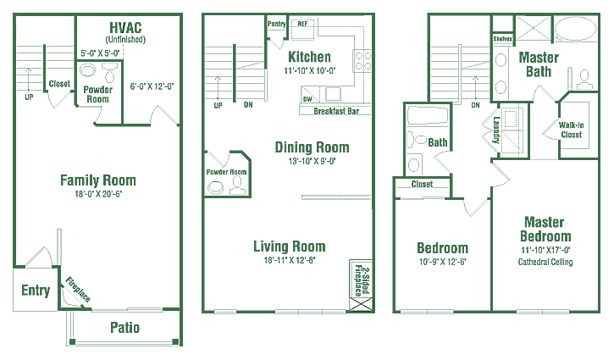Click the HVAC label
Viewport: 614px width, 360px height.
coord(125,28)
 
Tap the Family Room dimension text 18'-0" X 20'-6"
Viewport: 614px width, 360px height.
coord(98,194)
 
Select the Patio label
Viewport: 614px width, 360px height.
coord(124,328)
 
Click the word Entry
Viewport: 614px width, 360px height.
coord(36,291)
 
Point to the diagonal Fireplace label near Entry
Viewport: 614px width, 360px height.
coord(78,290)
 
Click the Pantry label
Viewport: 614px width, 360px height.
coord(276,24)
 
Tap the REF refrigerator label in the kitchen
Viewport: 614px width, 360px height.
coord(302,24)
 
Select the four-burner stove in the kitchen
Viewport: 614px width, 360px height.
coord(362,61)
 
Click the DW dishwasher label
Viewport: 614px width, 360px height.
coord(307,99)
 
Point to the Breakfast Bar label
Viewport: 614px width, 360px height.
coord(336,111)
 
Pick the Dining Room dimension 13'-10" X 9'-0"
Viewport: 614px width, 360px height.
coord(313,161)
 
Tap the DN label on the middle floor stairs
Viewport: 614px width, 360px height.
coord(248,105)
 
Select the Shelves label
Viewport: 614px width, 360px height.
coord(502,39)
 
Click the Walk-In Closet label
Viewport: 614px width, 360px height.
coord(572,130)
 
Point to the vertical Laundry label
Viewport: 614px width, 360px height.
coord(496,130)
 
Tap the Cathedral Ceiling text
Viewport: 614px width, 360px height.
coord(545,262)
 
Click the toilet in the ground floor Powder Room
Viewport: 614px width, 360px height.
coord(109,74)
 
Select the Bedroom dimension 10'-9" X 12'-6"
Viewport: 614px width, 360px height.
coord(442,262)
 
